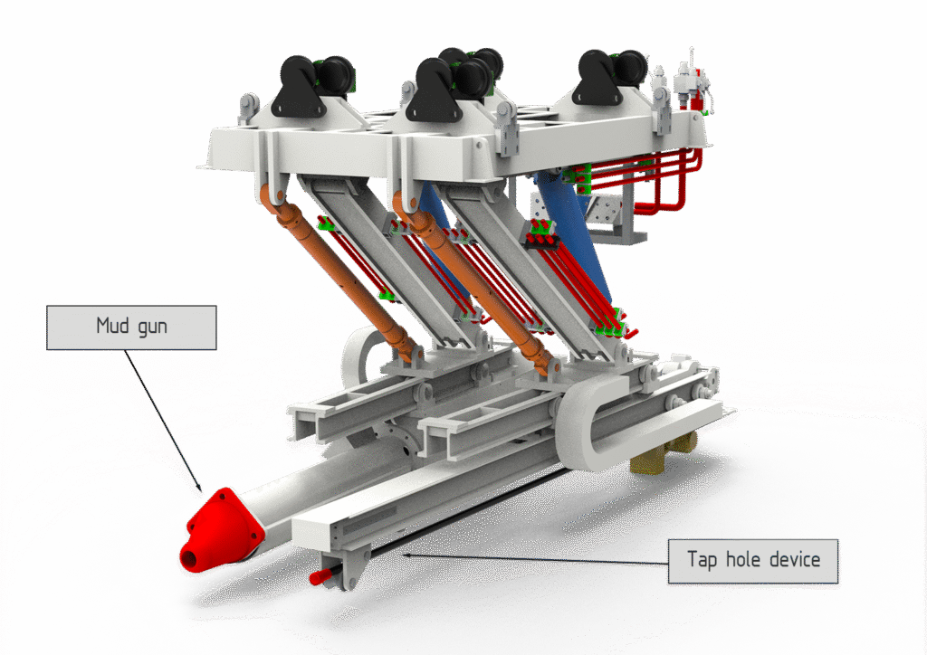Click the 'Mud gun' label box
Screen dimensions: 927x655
(x=131, y=327)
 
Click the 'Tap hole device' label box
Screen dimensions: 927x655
(x=753, y=562)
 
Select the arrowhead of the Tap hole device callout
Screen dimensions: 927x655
(x=408, y=555)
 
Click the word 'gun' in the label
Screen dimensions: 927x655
(x=152, y=327)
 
